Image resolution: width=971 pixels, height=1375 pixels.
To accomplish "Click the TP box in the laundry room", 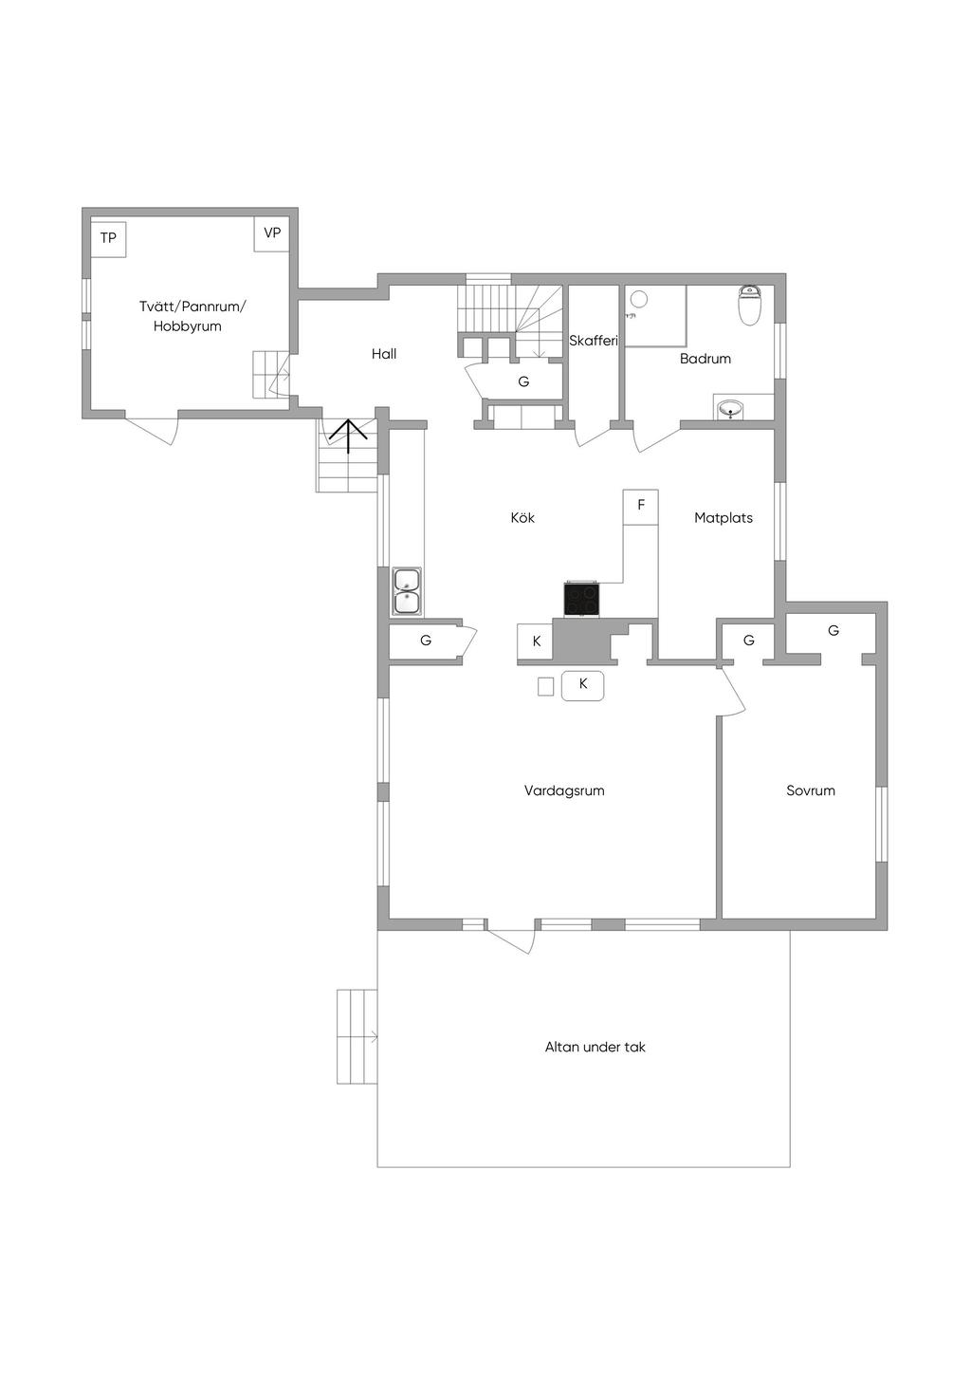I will pyautogui.click(x=108, y=238).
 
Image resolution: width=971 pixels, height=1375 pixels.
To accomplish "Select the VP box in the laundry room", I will pyautogui.click(x=272, y=233).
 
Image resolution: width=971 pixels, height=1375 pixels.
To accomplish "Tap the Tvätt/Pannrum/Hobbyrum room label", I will pyautogui.click(x=192, y=316).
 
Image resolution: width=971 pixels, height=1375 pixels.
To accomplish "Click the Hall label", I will pyautogui.click(x=384, y=354).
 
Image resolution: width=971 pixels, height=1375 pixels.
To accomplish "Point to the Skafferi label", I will pyautogui.click(x=594, y=341).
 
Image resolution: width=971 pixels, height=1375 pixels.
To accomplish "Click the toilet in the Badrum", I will pyautogui.click(x=750, y=306).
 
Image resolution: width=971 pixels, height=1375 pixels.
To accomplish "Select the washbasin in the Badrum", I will pyautogui.click(x=730, y=409).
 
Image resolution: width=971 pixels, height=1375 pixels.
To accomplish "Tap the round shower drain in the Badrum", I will pyautogui.click(x=639, y=299).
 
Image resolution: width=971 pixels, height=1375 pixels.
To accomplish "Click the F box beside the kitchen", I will pyautogui.click(x=641, y=505).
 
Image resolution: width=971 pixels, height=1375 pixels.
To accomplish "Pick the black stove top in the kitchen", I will pyautogui.click(x=582, y=599).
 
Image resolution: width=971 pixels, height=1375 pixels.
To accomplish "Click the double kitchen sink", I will pyautogui.click(x=407, y=592).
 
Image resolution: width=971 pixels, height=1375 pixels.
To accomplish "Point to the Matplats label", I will pyautogui.click(x=724, y=518).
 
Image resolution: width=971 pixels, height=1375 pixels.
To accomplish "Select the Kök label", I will pyautogui.click(x=522, y=518).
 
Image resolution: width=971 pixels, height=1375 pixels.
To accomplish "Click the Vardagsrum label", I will pyautogui.click(x=564, y=790).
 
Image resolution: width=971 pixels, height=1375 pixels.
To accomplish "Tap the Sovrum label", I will pyautogui.click(x=811, y=790).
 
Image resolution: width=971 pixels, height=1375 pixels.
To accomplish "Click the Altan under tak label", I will pyautogui.click(x=595, y=1048).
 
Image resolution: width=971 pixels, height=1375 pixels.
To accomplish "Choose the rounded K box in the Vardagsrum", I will pyautogui.click(x=583, y=684).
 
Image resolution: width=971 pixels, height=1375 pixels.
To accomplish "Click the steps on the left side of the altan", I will pyautogui.click(x=357, y=1036).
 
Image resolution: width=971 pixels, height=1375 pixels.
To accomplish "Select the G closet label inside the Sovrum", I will pyautogui.click(x=834, y=630).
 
